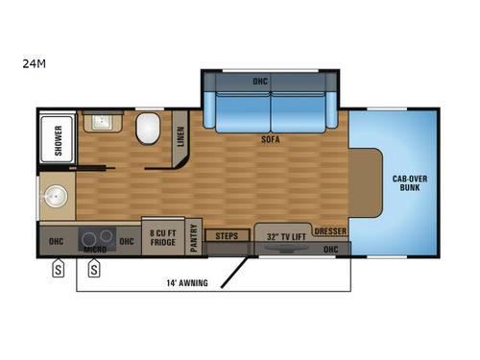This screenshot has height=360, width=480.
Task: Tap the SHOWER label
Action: click(x=57, y=140)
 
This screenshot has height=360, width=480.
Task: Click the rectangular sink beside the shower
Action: click(x=101, y=122)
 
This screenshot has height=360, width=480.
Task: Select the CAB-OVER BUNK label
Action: click(x=409, y=182)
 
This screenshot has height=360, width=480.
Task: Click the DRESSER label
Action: click(x=329, y=231)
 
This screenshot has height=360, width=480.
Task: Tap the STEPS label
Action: click(x=228, y=235)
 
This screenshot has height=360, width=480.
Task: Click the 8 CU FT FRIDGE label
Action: click(x=160, y=235)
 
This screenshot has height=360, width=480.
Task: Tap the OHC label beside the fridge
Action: click(x=127, y=239)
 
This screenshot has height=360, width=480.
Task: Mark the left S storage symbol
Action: click(x=57, y=269)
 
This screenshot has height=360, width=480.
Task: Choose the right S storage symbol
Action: click(x=94, y=269)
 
